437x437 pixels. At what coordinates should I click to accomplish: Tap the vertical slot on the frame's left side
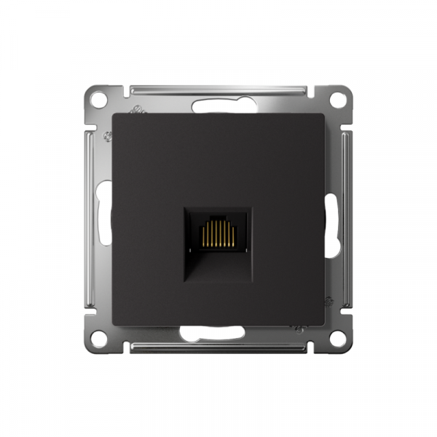click(105, 219)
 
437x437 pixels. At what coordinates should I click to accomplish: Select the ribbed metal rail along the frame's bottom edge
click(219, 347)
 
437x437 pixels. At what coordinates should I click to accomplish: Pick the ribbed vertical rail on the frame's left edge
click(90, 219)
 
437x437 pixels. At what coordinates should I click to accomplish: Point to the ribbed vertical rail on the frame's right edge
click(347, 219)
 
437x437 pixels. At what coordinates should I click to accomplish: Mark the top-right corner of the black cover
click(324, 114)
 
